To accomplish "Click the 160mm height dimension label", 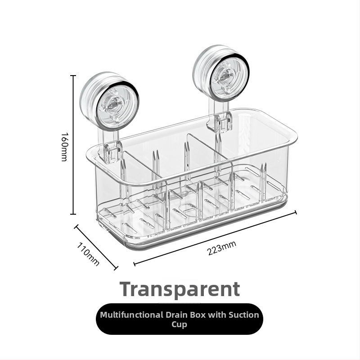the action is [64, 147].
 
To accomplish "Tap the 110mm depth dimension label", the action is [88, 254].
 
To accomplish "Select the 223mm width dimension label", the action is [221, 248].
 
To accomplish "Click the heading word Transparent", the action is [180, 289].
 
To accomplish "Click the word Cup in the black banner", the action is [179, 325].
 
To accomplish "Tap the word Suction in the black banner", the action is [243, 315].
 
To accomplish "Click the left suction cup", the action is [109, 100].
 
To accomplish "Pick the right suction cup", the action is [221, 73].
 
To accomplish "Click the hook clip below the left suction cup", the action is [112, 152].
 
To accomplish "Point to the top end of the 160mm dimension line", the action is [73, 76].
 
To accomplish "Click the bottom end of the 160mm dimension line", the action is [73, 214].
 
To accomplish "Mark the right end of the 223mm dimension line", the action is [296, 212].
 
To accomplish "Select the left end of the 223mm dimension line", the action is [134, 264].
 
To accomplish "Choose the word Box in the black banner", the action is [198, 315].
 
